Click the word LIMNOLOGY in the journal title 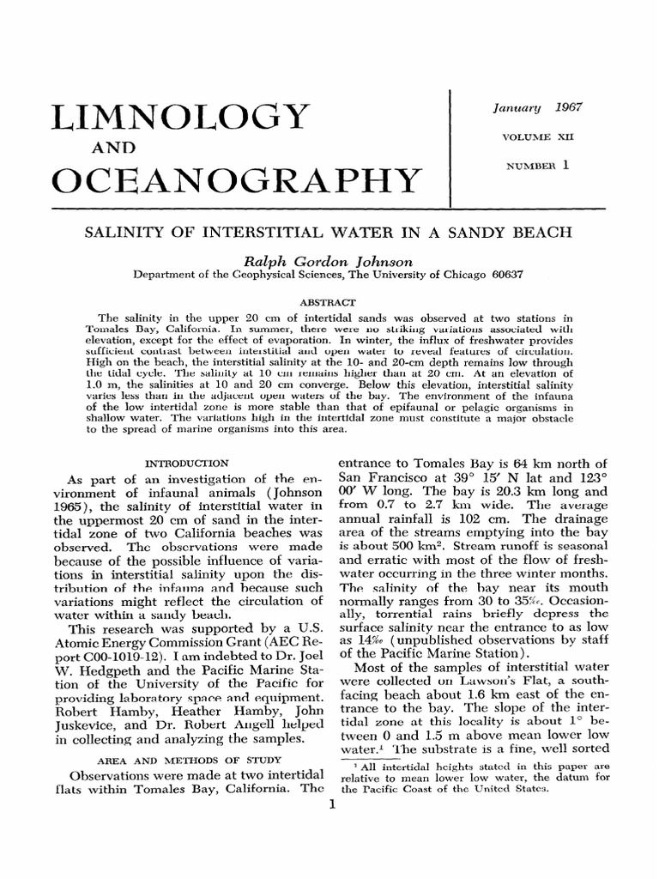pos(180,117)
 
